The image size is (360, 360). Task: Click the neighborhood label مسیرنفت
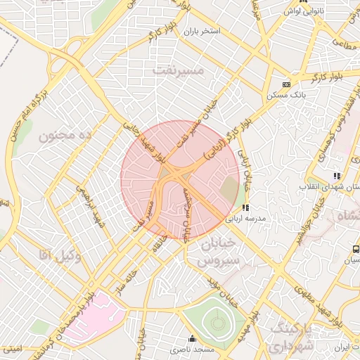(x=178, y=70)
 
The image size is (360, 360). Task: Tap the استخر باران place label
(x=202, y=32)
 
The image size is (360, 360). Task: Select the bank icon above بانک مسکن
(x=286, y=84)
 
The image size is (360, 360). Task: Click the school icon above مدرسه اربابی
(x=245, y=207)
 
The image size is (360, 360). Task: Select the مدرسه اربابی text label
(x=245, y=219)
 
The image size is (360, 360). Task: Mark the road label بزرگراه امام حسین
(x=26, y=112)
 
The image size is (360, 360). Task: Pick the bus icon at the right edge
(x=356, y=248)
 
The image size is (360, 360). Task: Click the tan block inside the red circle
(x=229, y=188)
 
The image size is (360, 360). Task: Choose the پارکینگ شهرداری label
(x=289, y=337)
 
